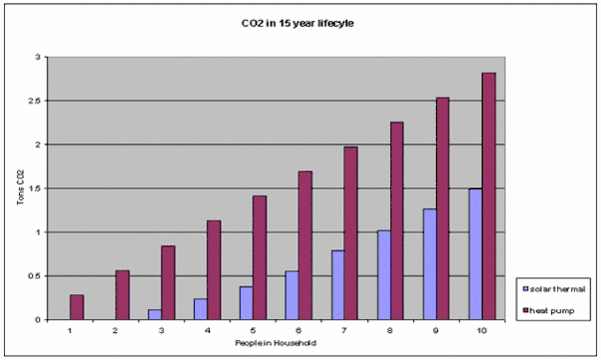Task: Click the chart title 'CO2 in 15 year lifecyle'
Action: pyautogui.click(x=298, y=23)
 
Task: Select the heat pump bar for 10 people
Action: pyautogui.click(x=489, y=196)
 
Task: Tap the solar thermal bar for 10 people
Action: pyautogui.click(x=476, y=254)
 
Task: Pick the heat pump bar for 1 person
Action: pyautogui.click(x=77, y=307)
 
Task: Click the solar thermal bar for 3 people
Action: pyautogui.click(x=155, y=314)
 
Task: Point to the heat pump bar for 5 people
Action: pyautogui.click(x=260, y=258)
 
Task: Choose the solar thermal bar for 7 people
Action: pyautogui.click(x=338, y=285)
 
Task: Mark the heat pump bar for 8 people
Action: pyautogui.click(x=397, y=221)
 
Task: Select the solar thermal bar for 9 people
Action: pyautogui.click(x=430, y=265)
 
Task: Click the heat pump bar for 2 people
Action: pyautogui.click(x=122, y=295)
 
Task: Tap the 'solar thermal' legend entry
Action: pyautogui.click(x=554, y=289)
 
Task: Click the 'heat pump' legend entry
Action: pyautogui.click(x=548, y=310)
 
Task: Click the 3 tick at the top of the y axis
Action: pyautogui.click(x=38, y=57)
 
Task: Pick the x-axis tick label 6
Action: pyautogui.click(x=299, y=330)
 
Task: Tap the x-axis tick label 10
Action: pyautogui.click(x=482, y=330)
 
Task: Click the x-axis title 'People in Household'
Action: pyautogui.click(x=276, y=343)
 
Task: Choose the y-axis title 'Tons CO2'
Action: pyautogui.click(x=21, y=187)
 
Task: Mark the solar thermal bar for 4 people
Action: pyautogui.click(x=201, y=309)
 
